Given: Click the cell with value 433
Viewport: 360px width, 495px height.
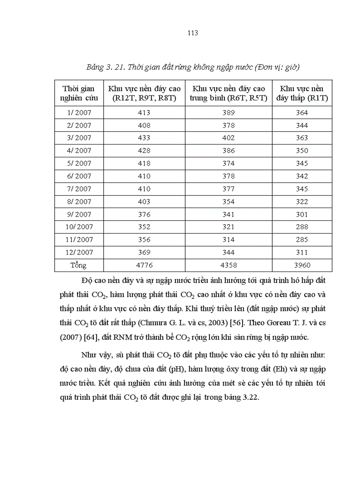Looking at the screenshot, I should coord(144,138).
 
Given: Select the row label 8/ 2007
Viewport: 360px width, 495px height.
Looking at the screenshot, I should coord(79,202).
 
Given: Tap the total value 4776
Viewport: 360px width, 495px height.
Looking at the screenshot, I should coord(144,265).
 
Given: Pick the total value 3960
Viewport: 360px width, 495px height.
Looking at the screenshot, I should coord(302,265).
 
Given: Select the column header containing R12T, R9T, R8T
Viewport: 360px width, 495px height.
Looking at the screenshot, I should coord(144,93).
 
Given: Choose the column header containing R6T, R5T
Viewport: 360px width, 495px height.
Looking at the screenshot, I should coord(229,93).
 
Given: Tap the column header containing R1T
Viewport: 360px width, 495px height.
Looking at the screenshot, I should coord(302,93).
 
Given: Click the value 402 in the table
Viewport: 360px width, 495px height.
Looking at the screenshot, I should coord(229,138).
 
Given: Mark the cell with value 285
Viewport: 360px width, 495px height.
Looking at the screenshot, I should coord(302,240).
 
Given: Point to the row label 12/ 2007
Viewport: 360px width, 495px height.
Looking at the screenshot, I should coord(79,253).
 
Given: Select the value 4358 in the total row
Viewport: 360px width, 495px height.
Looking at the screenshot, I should coord(229,265).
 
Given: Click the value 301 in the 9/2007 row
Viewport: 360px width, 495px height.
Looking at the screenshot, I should coord(302,215).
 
